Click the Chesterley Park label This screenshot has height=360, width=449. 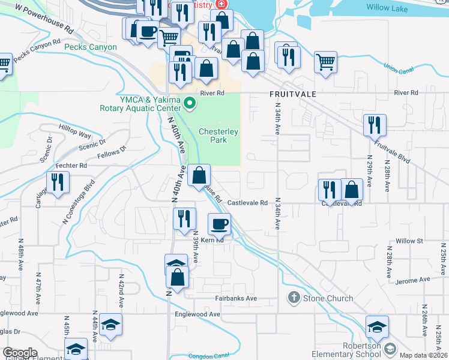pyautogui.click(x=218, y=135)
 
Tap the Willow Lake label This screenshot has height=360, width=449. pyautogui.click(x=387, y=8)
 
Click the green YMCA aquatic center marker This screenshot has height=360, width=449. pyautogui.click(x=190, y=104)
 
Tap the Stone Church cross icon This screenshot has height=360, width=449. pyautogui.click(x=294, y=297)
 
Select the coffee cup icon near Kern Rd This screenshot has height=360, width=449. pyautogui.click(x=219, y=224)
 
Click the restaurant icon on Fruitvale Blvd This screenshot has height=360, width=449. pyautogui.click(x=375, y=125)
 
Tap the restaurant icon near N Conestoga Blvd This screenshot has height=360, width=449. pyautogui.click(x=58, y=182)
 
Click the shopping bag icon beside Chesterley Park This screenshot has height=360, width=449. pyautogui.click(x=199, y=175)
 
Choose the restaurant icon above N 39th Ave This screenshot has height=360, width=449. pyautogui.click(x=184, y=218)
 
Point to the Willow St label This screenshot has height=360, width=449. pyautogui.click(x=409, y=241)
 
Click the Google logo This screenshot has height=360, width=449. pyautogui.click(x=20, y=353)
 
